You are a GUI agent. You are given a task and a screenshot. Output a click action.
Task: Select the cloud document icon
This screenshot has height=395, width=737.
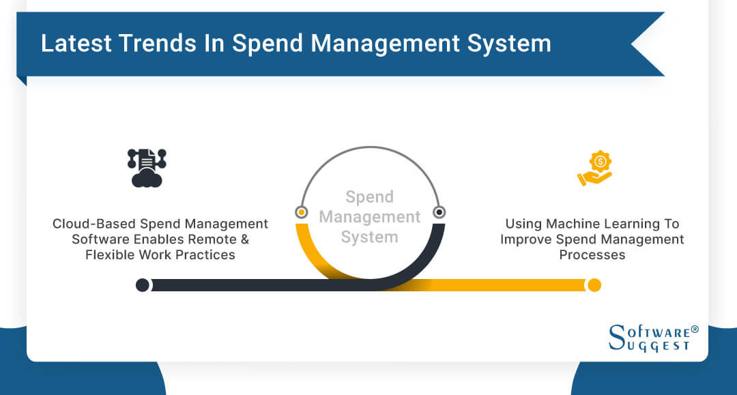click(147, 167)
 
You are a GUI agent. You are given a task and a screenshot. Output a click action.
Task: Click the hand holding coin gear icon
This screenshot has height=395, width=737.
click(595, 169)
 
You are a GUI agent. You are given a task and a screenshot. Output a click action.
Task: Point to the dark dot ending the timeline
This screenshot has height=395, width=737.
click(143, 284)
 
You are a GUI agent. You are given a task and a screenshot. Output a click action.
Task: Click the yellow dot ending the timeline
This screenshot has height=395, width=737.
click(594, 284)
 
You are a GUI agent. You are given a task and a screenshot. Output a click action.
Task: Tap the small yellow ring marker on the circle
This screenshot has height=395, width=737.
click(302, 212)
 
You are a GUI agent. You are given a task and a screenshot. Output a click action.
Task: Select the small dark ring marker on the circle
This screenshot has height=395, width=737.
click(439, 212)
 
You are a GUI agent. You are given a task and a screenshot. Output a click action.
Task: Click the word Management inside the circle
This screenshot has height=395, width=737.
click(370, 217)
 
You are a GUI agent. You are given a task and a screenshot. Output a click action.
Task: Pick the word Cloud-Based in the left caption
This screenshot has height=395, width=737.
click(94, 224)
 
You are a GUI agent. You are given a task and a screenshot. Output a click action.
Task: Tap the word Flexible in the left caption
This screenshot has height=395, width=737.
click(111, 255)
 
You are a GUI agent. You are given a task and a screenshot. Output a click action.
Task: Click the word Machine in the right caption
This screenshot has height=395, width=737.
click(570, 224)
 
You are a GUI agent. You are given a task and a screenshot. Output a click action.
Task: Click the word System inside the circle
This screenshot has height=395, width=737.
click(369, 237)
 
